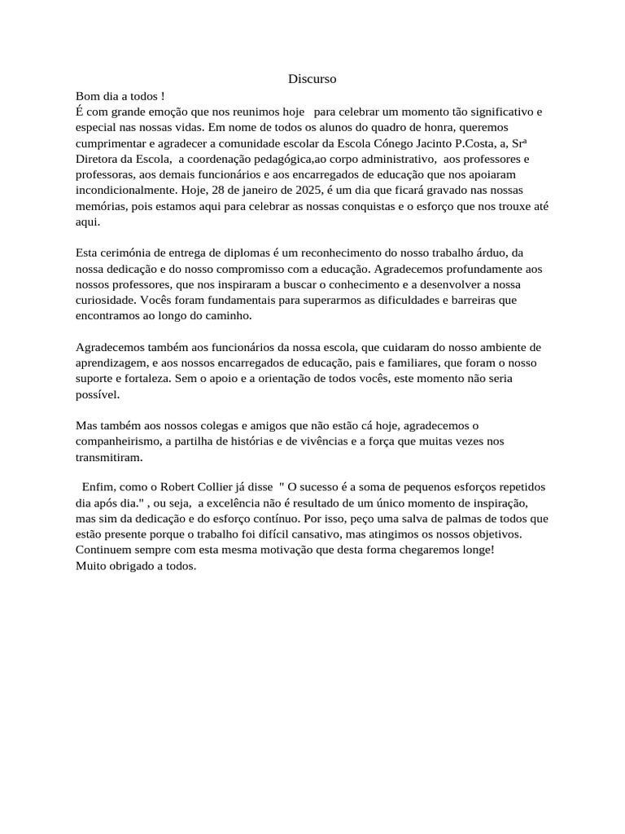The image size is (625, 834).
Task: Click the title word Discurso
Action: pyautogui.click(x=312, y=79)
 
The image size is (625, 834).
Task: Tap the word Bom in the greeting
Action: pyautogui.click(x=87, y=96)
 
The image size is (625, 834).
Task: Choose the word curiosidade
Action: pyautogui.click(x=104, y=300)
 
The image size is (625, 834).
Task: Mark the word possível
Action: pyautogui.click(x=97, y=394)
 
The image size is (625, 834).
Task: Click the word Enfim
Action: pyautogui.click(x=98, y=487)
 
